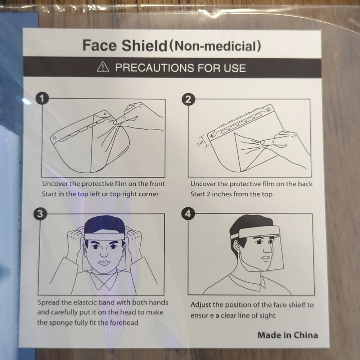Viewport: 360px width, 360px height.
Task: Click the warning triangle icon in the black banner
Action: coord(103,67)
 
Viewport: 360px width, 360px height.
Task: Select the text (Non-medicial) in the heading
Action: coord(215,46)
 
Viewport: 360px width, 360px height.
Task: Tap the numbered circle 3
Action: coord(40,214)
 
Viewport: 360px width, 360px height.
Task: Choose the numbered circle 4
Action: coord(188,214)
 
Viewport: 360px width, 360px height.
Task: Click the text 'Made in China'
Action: coord(288,335)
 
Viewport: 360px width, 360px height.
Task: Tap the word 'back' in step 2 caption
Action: coord(305,184)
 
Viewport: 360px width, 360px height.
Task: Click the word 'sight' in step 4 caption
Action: coord(267,316)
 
